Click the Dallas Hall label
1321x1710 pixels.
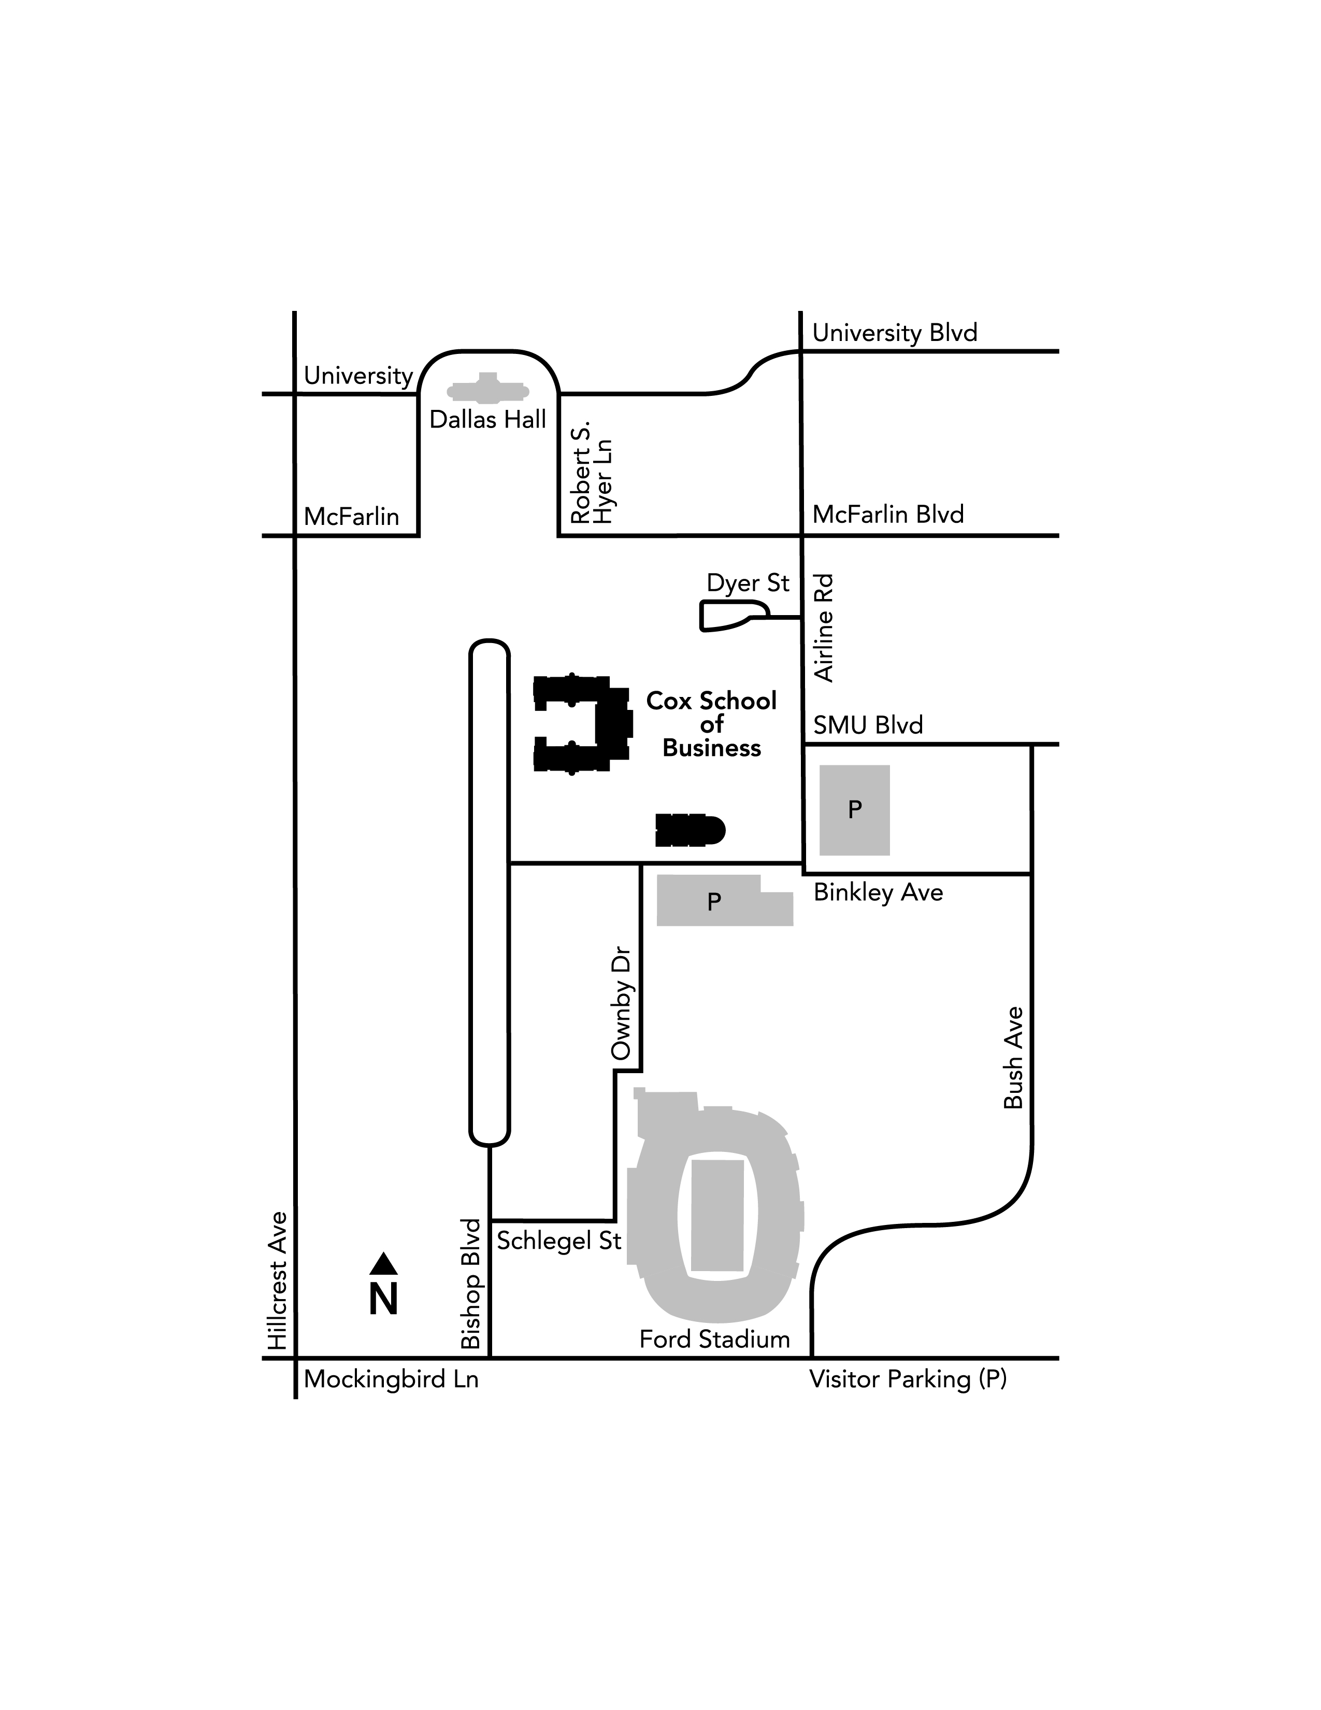tap(487, 420)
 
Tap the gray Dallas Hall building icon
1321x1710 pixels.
tap(487, 390)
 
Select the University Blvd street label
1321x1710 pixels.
tap(895, 334)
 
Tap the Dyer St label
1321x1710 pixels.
tap(748, 583)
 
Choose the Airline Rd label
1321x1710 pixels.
tap(824, 629)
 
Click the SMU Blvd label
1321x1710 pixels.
tap(868, 725)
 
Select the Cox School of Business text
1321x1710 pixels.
tap(711, 724)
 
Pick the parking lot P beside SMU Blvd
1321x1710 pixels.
tap(855, 809)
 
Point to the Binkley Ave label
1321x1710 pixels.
tap(878, 893)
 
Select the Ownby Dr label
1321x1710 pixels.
tap(621, 1005)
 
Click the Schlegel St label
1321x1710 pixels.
tap(559, 1241)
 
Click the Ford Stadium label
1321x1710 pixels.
tap(714, 1339)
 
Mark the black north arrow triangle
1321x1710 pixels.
tap(383, 1264)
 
